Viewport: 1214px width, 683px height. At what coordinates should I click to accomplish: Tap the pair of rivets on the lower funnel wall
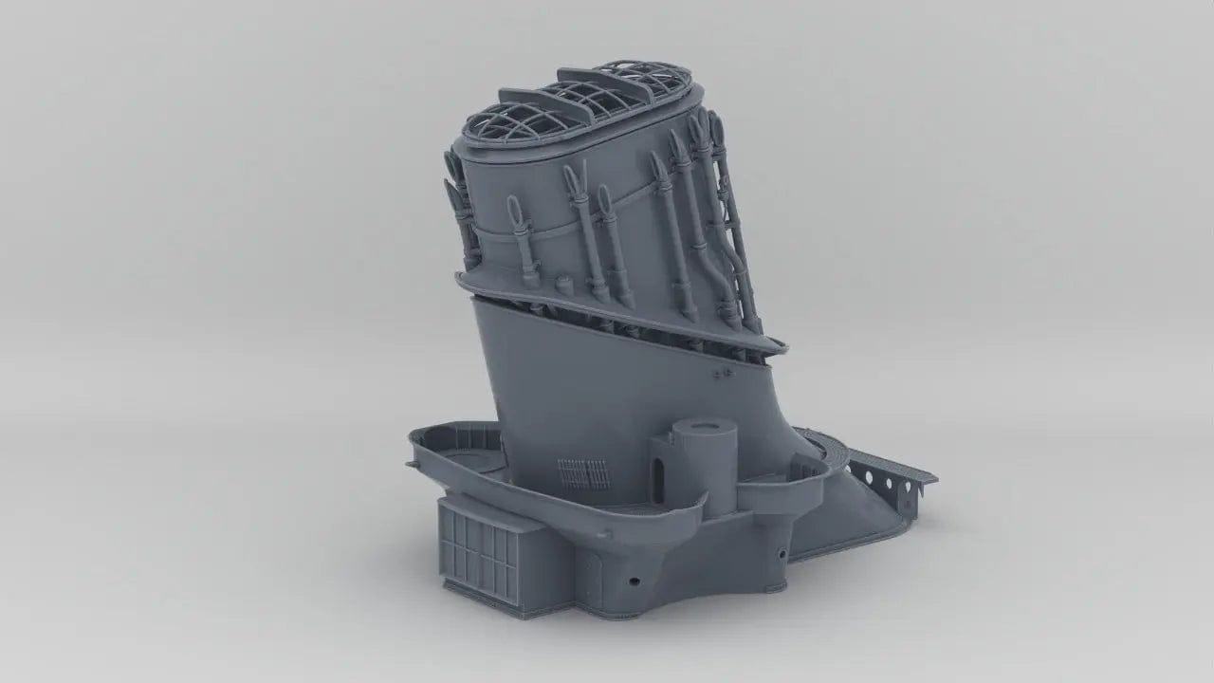pyautogui.click(x=723, y=374)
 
